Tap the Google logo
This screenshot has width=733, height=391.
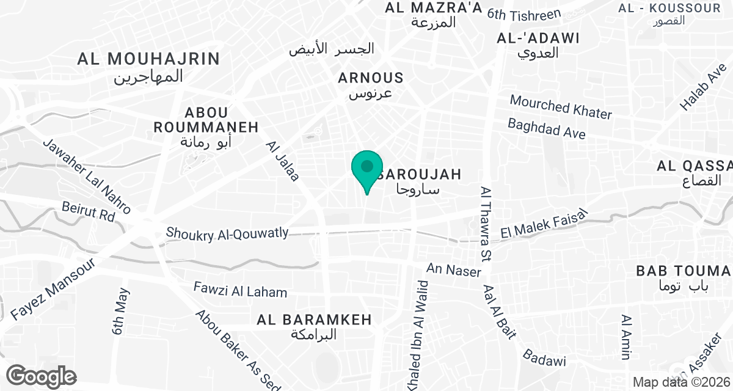tap(42, 376)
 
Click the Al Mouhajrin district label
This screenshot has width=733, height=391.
tap(148, 67)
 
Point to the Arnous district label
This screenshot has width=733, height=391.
tap(371, 85)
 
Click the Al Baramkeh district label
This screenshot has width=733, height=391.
tap(314, 326)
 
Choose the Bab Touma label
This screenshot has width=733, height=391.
tap(683, 277)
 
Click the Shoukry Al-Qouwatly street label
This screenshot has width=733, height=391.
tap(227, 233)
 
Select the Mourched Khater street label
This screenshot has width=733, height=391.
tap(561, 107)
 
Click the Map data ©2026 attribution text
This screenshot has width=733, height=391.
tap(681, 382)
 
